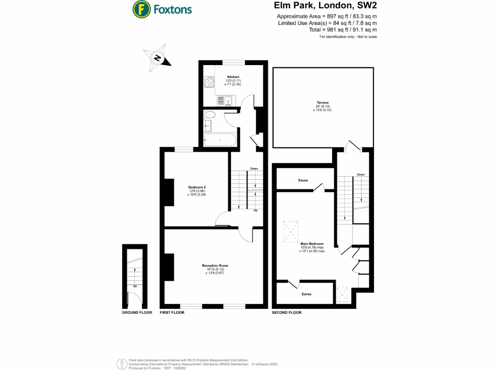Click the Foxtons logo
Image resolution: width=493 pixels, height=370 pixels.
(x=162, y=9)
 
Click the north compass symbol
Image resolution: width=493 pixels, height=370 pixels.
(x=157, y=58)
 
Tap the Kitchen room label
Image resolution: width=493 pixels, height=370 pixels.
(x=233, y=77)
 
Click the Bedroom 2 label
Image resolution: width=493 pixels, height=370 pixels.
(x=197, y=187)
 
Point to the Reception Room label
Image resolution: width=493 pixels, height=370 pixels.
(x=215, y=265)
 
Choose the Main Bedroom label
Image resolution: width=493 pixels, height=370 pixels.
(x=312, y=244)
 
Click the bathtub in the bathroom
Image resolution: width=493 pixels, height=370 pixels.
(x=220, y=141)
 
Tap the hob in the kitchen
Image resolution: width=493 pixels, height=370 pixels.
(x=209, y=83)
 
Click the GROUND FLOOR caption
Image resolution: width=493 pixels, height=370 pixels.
(x=137, y=313)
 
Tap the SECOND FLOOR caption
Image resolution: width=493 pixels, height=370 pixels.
(x=286, y=313)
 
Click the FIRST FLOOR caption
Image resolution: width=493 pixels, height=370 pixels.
(x=172, y=313)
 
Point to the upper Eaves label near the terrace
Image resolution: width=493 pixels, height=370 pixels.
(x=303, y=180)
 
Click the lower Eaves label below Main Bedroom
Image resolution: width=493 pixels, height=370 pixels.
(x=306, y=294)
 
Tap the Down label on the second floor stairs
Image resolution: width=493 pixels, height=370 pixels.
(x=361, y=174)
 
